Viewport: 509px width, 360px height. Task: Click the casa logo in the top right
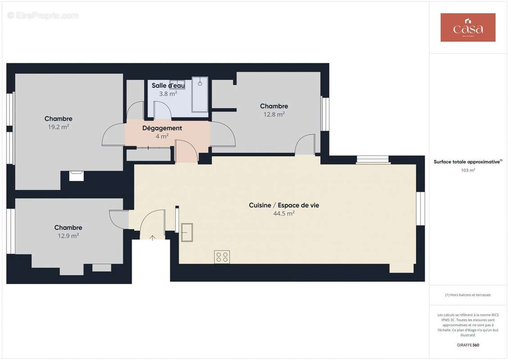pyautogui.click(x=468, y=27)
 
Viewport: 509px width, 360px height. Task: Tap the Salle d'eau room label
pyautogui.click(x=168, y=85)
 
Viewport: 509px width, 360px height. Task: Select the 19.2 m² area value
pyautogui.click(x=59, y=127)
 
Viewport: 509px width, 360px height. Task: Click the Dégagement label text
pyautogui.click(x=162, y=128)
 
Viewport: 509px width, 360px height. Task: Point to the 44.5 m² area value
pyautogui.click(x=284, y=213)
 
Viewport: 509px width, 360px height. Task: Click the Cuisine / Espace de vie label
pyautogui.click(x=284, y=205)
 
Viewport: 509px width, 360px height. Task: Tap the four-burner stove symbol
pyautogui.click(x=222, y=257)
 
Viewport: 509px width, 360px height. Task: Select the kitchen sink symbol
pyautogui.click(x=187, y=232)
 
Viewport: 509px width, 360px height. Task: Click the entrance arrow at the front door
pyautogui.click(x=152, y=238)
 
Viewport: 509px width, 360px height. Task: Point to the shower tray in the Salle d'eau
pyautogui.click(x=200, y=94)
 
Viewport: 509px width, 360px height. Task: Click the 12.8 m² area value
pyautogui.click(x=274, y=114)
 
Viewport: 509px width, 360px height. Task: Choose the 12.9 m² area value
pyautogui.click(x=68, y=236)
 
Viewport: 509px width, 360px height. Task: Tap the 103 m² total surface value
pyautogui.click(x=468, y=170)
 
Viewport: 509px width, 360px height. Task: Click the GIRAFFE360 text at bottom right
pyautogui.click(x=468, y=345)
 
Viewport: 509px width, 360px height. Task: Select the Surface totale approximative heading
pyautogui.click(x=467, y=162)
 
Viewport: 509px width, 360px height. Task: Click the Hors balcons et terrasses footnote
pyautogui.click(x=468, y=295)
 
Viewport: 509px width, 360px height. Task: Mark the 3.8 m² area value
pyautogui.click(x=168, y=94)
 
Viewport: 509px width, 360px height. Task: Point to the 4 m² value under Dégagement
pyautogui.click(x=162, y=136)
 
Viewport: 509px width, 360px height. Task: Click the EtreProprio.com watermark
pyautogui.click(x=43, y=16)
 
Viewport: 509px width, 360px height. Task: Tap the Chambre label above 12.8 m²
pyautogui.click(x=274, y=106)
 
